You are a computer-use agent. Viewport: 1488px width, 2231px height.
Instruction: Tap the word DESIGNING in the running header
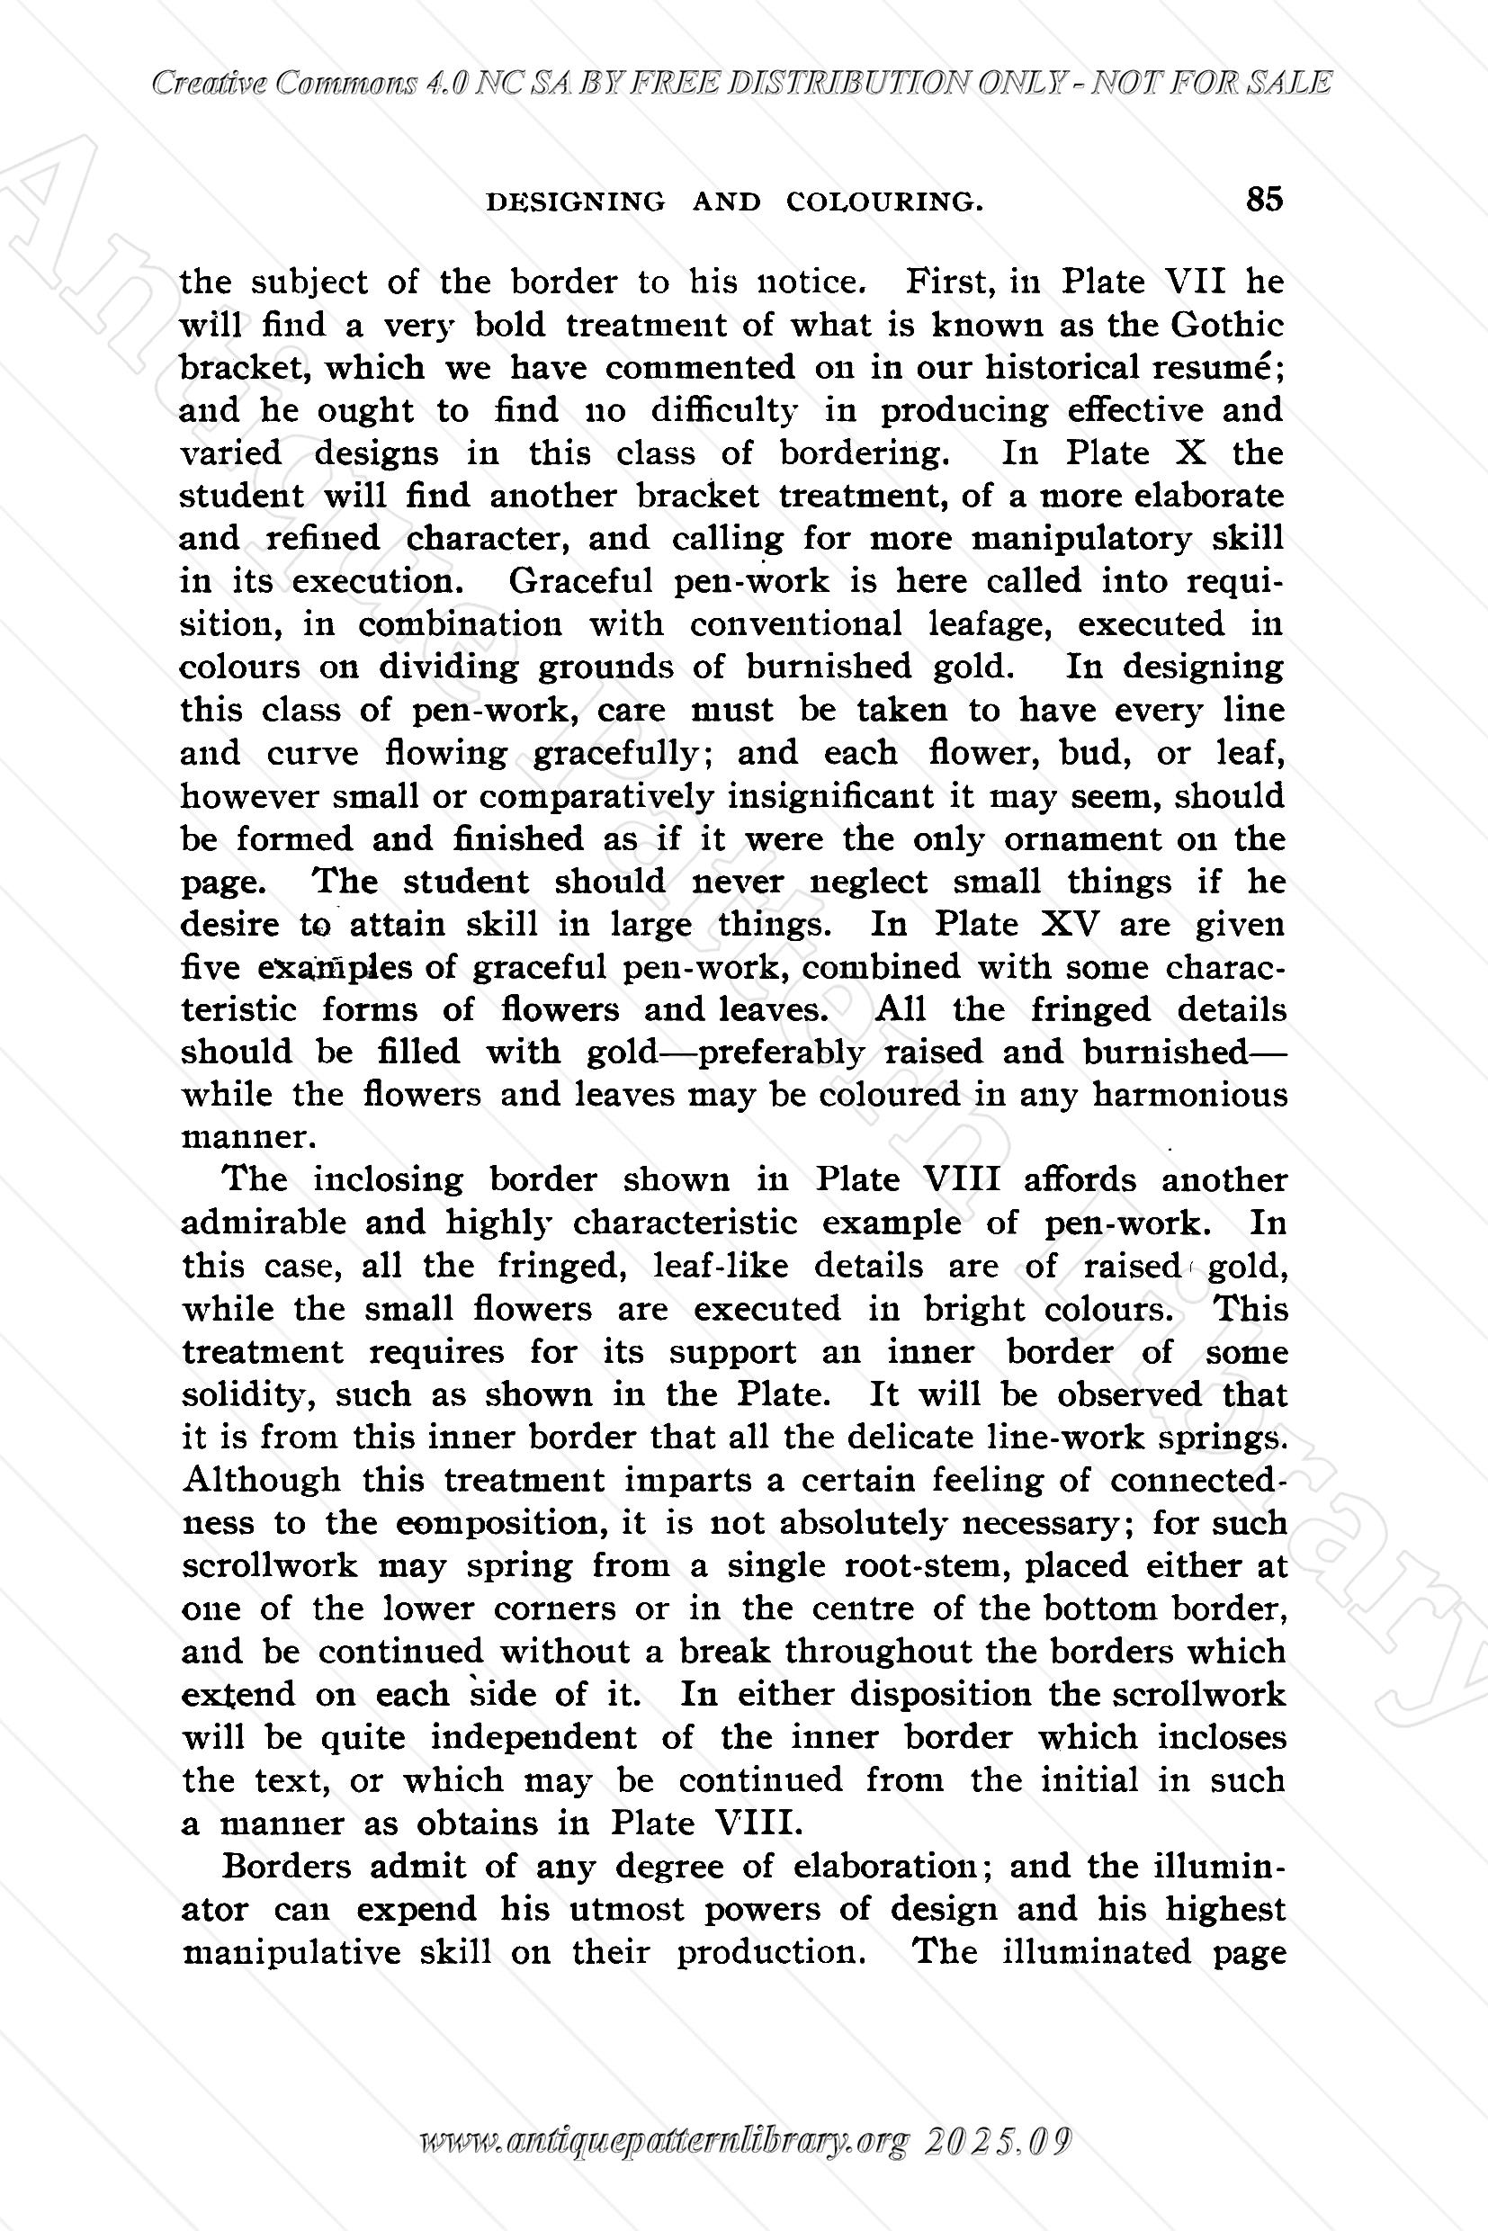(x=575, y=202)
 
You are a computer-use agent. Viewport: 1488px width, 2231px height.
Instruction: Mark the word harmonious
(x=1190, y=1095)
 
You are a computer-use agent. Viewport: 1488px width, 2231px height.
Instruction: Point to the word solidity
(x=247, y=1396)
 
